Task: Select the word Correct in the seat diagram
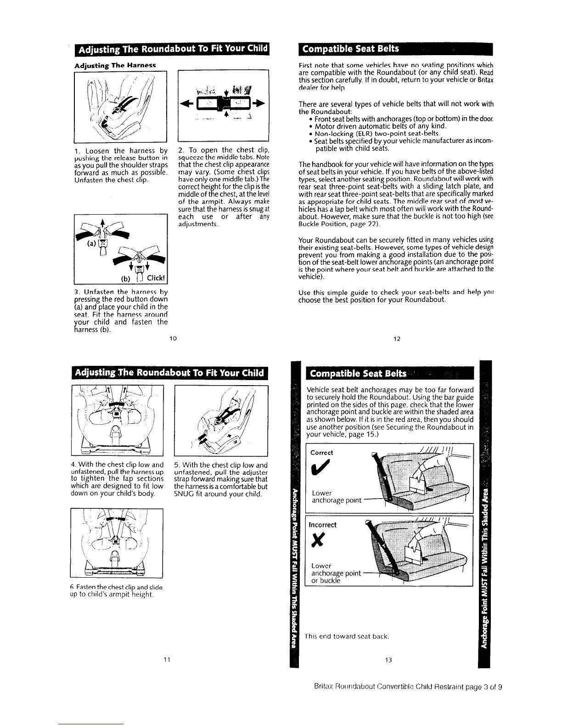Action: (321, 452)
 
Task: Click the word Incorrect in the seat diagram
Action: (323, 525)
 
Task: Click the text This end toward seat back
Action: (347, 637)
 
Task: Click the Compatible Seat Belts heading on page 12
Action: (349, 49)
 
